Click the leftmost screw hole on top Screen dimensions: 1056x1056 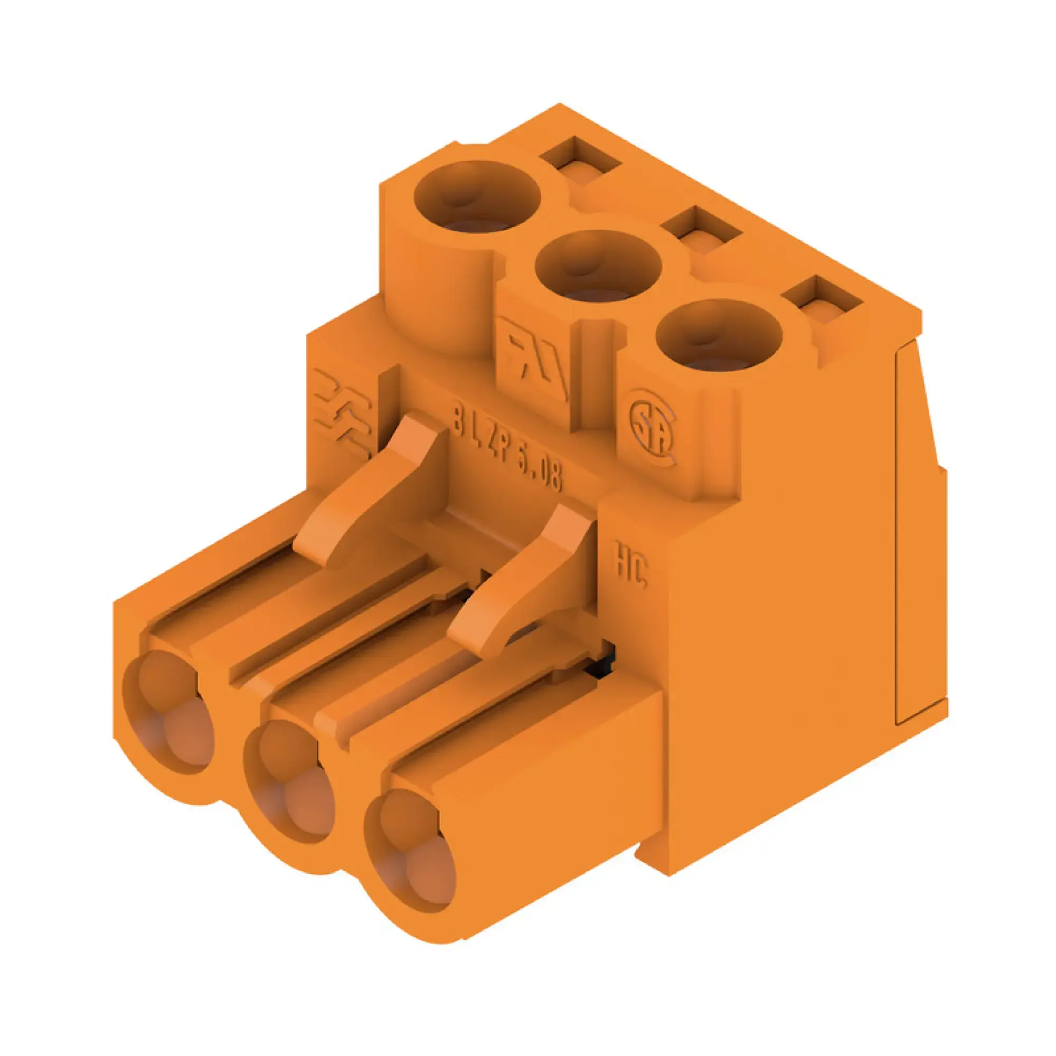[x=477, y=198]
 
